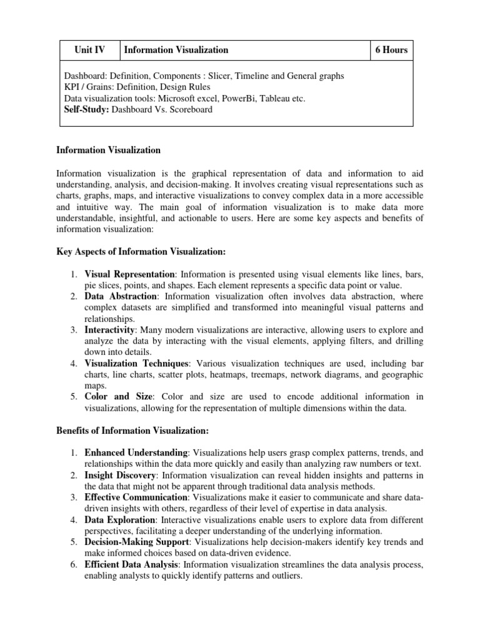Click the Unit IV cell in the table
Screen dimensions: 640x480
click(x=89, y=50)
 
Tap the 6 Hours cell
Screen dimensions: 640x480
click(x=391, y=50)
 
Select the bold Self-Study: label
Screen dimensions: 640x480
click(x=91, y=109)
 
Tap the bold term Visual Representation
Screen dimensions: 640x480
click(x=130, y=274)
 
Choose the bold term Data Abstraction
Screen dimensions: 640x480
click(x=122, y=296)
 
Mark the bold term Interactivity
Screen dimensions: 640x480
click(x=109, y=329)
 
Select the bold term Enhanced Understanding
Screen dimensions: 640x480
click(x=136, y=452)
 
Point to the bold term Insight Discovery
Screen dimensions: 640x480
click(x=120, y=476)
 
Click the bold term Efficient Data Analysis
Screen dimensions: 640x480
click(x=132, y=565)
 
